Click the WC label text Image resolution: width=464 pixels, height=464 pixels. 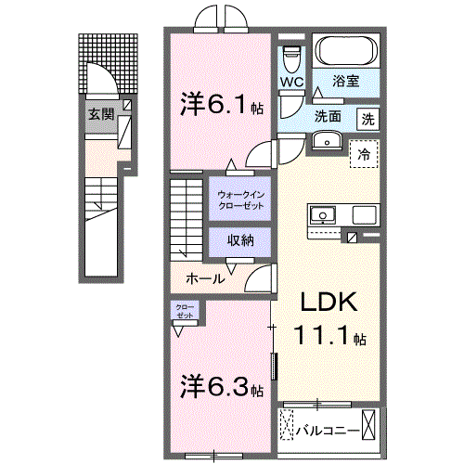[x=291, y=83]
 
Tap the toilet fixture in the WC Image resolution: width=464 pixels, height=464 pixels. [x=291, y=57]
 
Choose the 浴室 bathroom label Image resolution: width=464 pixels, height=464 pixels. [x=348, y=83]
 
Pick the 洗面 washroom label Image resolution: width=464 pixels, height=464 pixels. [x=328, y=118]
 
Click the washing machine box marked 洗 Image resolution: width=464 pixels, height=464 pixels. [x=368, y=119]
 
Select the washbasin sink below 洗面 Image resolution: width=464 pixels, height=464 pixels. [x=326, y=139]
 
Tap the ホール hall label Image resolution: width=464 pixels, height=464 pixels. [x=203, y=278]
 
